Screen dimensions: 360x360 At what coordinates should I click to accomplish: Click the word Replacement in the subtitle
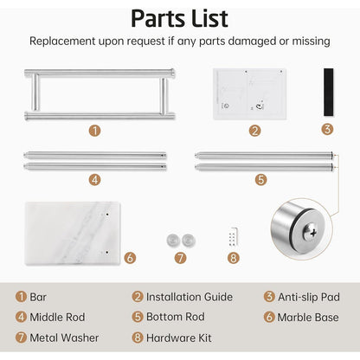[x=62, y=42]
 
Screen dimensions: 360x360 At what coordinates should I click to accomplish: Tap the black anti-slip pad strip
[x=328, y=92]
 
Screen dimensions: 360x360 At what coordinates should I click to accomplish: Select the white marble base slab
[x=73, y=234]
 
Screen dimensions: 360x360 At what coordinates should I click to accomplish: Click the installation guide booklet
[x=249, y=93]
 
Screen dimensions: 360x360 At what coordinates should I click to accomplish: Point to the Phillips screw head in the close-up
[x=311, y=231]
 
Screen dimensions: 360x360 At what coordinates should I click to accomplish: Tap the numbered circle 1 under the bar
[x=94, y=131]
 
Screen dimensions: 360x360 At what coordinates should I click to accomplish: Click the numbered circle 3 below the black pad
[x=327, y=129]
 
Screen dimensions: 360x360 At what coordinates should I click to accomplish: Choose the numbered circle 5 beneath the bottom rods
[x=260, y=180]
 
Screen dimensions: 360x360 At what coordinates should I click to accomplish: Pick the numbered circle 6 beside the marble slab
[x=130, y=258]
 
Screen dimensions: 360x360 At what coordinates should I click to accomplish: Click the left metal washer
[x=173, y=241]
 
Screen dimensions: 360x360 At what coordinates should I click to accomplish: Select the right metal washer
[x=189, y=241]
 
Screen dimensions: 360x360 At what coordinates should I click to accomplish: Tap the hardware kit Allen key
[x=234, y=236]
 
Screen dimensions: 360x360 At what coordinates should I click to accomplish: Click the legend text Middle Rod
[x=57, y=318]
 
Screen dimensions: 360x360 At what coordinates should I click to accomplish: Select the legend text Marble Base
[x=308, y=318]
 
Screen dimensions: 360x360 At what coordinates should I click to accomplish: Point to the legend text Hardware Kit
[x=179, y=337]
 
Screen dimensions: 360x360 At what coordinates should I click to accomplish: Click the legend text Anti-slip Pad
[x=309, y=297]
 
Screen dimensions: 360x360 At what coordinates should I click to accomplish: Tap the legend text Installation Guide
[x=190, y=297]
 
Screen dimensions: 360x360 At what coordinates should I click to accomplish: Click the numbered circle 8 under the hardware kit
[x=234, y=258]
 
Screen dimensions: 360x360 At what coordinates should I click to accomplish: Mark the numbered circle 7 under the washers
[x=180, y=258]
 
